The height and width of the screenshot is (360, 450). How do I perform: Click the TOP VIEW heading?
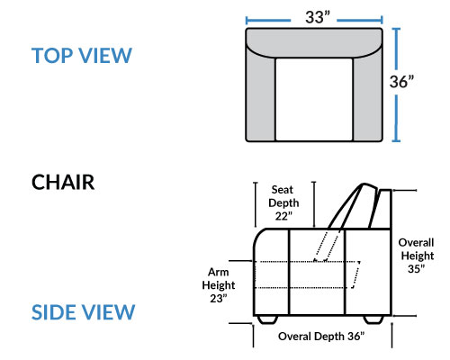[82, 56]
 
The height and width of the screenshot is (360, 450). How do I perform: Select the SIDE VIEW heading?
[83, 312]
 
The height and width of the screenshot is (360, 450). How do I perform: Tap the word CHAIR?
[63, 182]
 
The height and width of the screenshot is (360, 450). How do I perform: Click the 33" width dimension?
[318, 17]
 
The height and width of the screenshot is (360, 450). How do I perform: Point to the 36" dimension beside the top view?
[401, 81]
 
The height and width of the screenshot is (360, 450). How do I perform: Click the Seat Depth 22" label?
[283, 202]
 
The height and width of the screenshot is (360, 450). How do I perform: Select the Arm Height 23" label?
[219, 285]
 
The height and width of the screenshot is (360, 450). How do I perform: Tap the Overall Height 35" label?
[417, 256]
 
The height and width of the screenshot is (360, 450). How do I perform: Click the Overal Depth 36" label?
[321, 337]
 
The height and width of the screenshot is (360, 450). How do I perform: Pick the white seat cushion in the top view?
[314, 99]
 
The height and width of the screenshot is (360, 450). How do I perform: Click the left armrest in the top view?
[260, 97]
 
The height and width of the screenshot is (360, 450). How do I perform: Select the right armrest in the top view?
[367, 97]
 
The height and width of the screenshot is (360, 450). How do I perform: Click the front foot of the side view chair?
[267, 319]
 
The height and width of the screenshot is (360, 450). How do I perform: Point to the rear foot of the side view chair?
[373, 319]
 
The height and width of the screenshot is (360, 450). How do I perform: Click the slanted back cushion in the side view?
[353, 207]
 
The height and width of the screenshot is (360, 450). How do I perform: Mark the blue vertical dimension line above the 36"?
[396, 49]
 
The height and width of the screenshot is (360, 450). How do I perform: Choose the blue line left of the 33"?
[268, 21]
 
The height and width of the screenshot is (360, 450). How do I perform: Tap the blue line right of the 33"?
[360, 21]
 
